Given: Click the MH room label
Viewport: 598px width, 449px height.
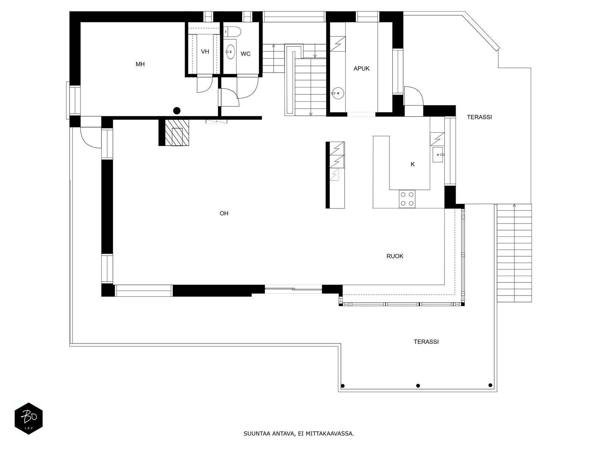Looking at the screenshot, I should coord(140,64).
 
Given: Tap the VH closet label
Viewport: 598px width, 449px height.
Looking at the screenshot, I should coord(205,52).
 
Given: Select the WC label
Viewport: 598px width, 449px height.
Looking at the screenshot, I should coord(246,54).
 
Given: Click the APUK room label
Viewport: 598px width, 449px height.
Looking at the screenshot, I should coord(361,68).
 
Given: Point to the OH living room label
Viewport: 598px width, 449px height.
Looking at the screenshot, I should coord(224,214).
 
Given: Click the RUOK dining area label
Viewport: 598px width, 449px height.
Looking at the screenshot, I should coord(395,256).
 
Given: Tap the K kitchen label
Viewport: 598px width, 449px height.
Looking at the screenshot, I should coord(413,164).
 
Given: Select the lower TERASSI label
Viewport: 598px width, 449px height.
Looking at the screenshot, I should coord(426,342).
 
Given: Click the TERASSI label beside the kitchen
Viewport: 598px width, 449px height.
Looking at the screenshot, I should coord(479,117).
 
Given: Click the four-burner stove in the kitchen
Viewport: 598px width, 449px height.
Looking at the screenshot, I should coord(407,199).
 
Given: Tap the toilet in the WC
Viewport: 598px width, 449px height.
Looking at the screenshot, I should coord(233,31).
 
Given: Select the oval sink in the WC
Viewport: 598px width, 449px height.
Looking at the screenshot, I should coord(231,51).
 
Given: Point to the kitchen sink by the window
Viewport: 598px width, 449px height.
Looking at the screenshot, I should coord(438,155).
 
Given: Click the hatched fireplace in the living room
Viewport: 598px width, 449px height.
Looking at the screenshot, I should coord(177,132).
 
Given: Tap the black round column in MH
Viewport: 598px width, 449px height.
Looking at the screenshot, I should coord(177,110).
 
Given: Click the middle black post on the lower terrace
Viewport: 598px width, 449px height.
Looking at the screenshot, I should coord(418,386).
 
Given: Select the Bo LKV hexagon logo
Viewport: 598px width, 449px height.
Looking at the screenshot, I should coord(28,419).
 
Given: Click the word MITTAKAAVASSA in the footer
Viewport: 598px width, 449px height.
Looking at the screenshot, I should coord(329,434).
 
